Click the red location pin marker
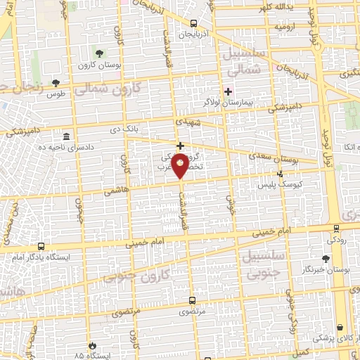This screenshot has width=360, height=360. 181,166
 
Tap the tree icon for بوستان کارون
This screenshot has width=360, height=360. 99,53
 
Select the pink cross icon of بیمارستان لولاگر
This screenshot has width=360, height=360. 227,91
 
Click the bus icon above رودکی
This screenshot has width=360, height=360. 336,228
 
